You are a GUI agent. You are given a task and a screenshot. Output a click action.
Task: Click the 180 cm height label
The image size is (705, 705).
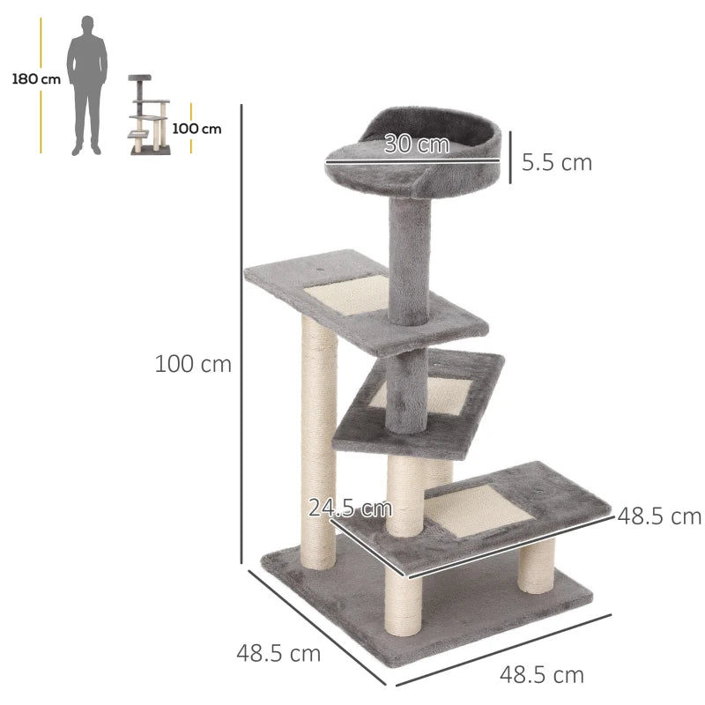click(36, 78)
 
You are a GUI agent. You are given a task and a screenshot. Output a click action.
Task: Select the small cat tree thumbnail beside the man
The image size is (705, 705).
click(149, 115)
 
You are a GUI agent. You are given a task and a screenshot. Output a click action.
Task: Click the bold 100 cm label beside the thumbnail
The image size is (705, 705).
click(197, 129)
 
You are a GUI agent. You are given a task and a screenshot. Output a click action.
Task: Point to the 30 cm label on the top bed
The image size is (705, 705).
click(416, 145)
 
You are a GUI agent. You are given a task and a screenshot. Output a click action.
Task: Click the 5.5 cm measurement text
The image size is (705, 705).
click(556, 162)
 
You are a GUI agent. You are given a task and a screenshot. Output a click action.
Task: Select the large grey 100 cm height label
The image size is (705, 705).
click(193, 363)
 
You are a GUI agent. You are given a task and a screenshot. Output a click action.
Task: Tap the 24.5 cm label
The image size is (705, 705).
click(350, 508)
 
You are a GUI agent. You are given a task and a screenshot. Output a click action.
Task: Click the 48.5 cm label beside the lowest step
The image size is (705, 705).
click(659, 516)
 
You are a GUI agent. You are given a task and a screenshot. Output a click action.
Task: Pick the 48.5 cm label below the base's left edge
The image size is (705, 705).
click(278, 654)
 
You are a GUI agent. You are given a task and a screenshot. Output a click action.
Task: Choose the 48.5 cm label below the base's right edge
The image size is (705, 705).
click(542, 675)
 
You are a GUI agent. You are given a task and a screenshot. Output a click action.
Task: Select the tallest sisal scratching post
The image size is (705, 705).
click(318, 441)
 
